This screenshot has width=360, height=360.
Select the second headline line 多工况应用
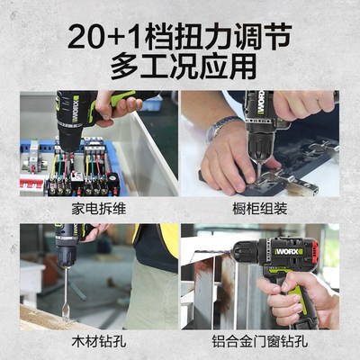click(x=180, y=67)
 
